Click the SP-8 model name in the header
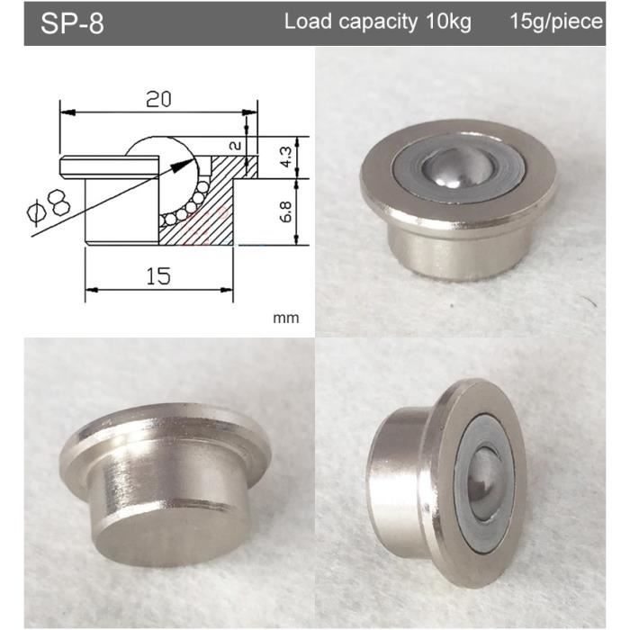pos(72,23)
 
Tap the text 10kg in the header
pos(448,22)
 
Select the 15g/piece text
pos(556,22)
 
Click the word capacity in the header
pos(378,22)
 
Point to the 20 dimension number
pos(158,99)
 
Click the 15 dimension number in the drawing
pos(158,276)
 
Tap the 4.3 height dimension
pos(285,157)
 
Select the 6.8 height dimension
pos(285,211)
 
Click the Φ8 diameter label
pos(49,206)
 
